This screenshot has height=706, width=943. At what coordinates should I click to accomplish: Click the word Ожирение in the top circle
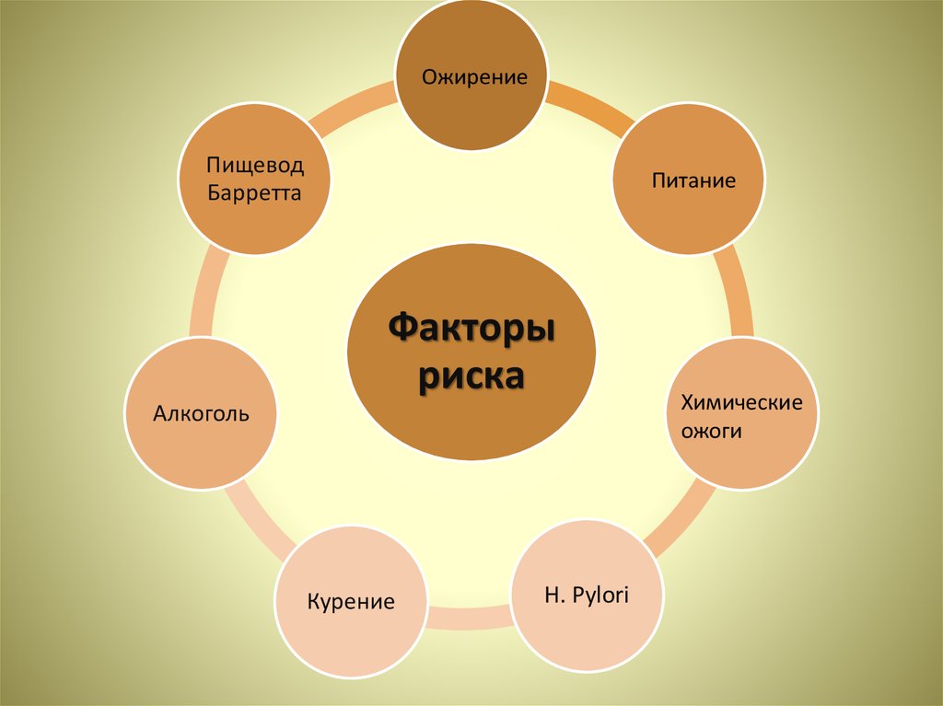(474, 76)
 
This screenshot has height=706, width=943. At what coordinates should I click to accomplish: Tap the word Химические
(741, 402)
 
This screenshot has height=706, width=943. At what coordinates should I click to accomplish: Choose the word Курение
(351, 603)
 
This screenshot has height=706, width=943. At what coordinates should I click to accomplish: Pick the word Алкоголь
(201, 413)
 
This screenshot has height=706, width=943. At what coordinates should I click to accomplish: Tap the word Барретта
(254, 194)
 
